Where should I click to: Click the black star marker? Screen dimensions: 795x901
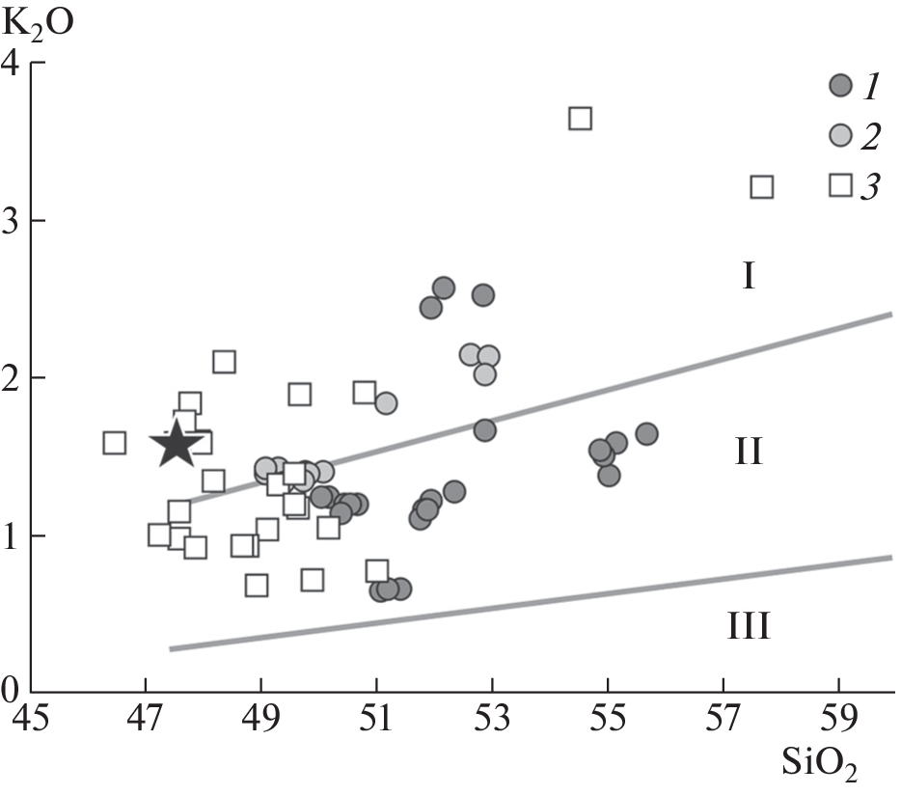pos(177,445)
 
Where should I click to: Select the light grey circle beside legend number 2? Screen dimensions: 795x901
pos(841,136)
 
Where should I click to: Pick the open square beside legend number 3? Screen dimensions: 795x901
pos(841,184)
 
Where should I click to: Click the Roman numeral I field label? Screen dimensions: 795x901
pos(749,278)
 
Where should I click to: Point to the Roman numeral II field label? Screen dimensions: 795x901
pos(749,451)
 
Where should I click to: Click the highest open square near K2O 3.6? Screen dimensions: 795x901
pos(580,119)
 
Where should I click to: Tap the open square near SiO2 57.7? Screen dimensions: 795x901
pos(761,186)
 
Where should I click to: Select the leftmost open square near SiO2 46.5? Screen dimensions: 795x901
pos(114,443)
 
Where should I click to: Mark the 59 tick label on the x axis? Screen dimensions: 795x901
pos(838,720)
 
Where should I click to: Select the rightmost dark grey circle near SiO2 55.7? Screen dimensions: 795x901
pos(646,434)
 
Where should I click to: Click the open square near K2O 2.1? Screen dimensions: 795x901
pos(224,362)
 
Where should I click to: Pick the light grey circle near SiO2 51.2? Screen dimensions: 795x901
pos(386,403)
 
